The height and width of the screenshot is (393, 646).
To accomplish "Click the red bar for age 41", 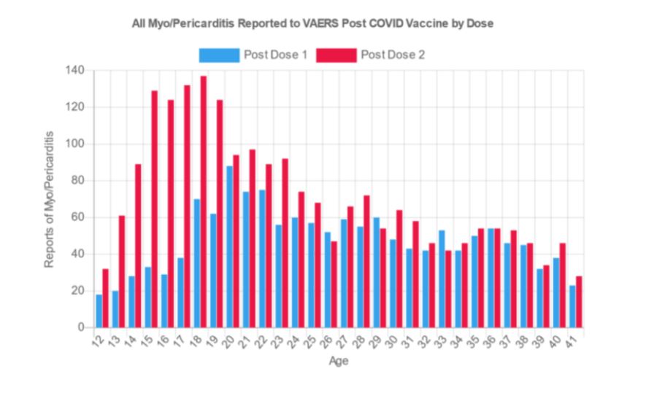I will point(580,302).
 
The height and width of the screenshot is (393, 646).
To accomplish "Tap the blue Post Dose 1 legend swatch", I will point(219,55).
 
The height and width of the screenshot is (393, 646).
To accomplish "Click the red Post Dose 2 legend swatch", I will point(337,55).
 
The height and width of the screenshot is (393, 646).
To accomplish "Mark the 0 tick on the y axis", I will point(82,327).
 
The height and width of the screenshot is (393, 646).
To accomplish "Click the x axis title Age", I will point(339,361).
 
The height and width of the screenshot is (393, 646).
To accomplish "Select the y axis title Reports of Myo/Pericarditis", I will point(50,199).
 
